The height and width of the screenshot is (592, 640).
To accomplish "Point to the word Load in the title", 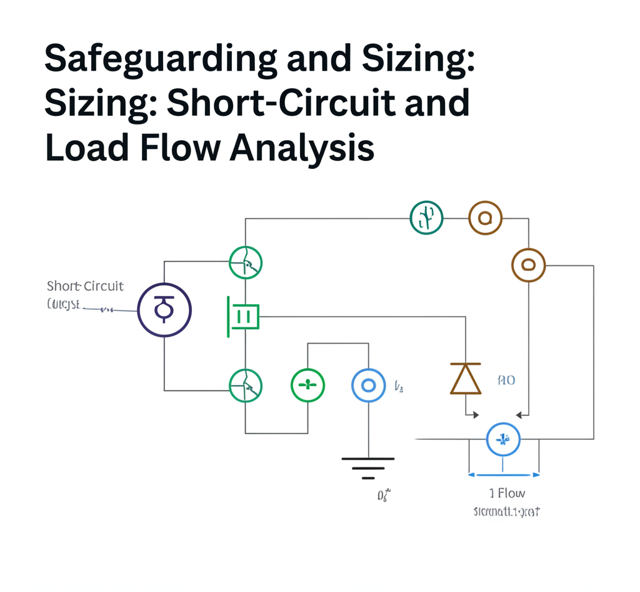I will tap(82, 148).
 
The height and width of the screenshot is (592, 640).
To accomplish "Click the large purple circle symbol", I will tap(164, 310).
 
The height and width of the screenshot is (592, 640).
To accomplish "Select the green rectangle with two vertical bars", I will tap(244, 317).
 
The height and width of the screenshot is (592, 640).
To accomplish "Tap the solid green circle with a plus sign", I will tap(307, 385).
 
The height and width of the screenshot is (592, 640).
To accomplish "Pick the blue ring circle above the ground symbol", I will tap(368, 385).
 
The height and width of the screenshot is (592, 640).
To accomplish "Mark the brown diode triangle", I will tap(466, 379).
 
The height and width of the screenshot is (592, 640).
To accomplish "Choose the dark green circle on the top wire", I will tap(426, 218).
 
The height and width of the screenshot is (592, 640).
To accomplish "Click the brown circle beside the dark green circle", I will tap(485, 218).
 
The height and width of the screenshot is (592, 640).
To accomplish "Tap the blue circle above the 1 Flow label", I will tap(503, 439).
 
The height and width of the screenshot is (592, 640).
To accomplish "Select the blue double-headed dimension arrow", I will tap(504, 474).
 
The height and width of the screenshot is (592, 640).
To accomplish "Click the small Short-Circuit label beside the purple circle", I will tap(85, 286).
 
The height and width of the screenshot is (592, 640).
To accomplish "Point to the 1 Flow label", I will tap(507, 494).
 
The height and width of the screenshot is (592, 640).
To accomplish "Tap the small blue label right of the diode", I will tap(506, 380).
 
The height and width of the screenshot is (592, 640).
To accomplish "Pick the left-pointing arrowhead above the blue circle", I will tap(518, 414).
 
